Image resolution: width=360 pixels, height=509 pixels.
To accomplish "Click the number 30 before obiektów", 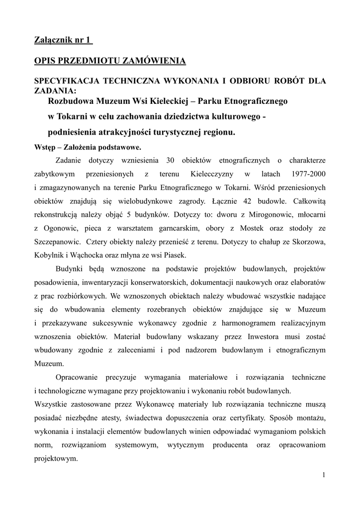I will [x=167, y=160].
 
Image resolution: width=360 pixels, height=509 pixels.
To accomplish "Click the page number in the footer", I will [x=324, y=475].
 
